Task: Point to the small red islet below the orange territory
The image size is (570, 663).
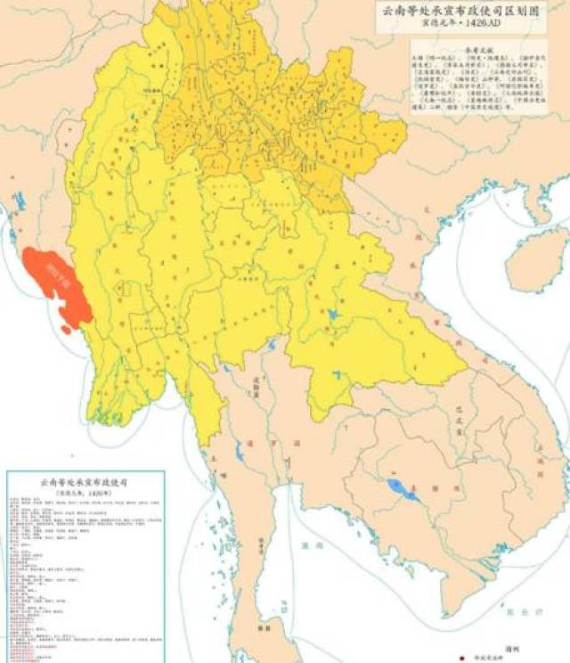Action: [x=67, y=330]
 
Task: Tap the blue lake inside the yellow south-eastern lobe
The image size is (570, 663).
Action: [x=332, y=315]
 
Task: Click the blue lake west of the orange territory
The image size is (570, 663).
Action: [x=18, y=203]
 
